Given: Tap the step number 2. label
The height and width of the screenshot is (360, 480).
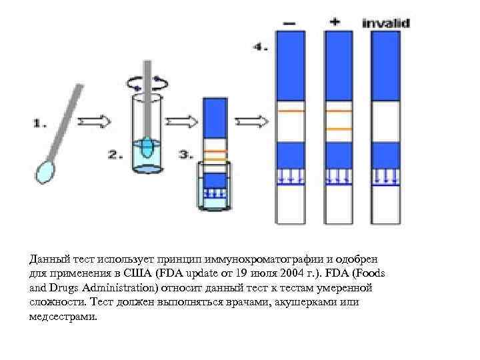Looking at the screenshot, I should (x=115, y=155).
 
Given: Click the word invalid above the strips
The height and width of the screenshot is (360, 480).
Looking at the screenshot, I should (x=386, y=23).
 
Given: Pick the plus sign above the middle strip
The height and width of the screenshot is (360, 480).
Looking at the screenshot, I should (x=334, y=21).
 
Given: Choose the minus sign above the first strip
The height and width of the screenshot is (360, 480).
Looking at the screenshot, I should (x=290, y=23).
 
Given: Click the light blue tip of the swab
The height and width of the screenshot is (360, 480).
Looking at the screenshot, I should (x=45, y=173).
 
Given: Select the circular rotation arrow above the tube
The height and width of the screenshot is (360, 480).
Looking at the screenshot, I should (x=148, y=82).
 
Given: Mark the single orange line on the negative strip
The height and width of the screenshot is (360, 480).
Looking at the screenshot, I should (x=290, y=110).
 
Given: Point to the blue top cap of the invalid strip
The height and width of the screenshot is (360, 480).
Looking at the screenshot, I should (x=386, y=65).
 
